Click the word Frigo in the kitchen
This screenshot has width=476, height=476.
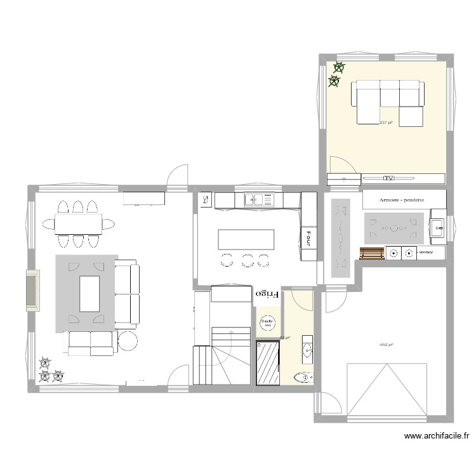(267, 294)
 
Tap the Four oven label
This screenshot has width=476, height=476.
(308, 236)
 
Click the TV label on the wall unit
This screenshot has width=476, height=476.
(388, 178)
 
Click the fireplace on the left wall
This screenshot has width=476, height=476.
(32, 290)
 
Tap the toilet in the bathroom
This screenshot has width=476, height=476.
(303, 378)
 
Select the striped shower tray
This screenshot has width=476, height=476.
(267, 362)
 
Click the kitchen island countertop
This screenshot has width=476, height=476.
(246, 239)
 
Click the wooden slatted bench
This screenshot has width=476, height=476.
(371, 253)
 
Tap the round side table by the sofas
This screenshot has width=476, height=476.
(127, 341)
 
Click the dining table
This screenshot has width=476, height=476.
(78, 223)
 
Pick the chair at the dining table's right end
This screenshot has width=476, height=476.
(109, 223)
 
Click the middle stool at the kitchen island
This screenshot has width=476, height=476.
(247, 259)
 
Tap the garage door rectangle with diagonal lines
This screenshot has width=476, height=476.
(386, 391)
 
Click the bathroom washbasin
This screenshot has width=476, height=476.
(308, 347)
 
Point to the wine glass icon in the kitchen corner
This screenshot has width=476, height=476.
(205, 200)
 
